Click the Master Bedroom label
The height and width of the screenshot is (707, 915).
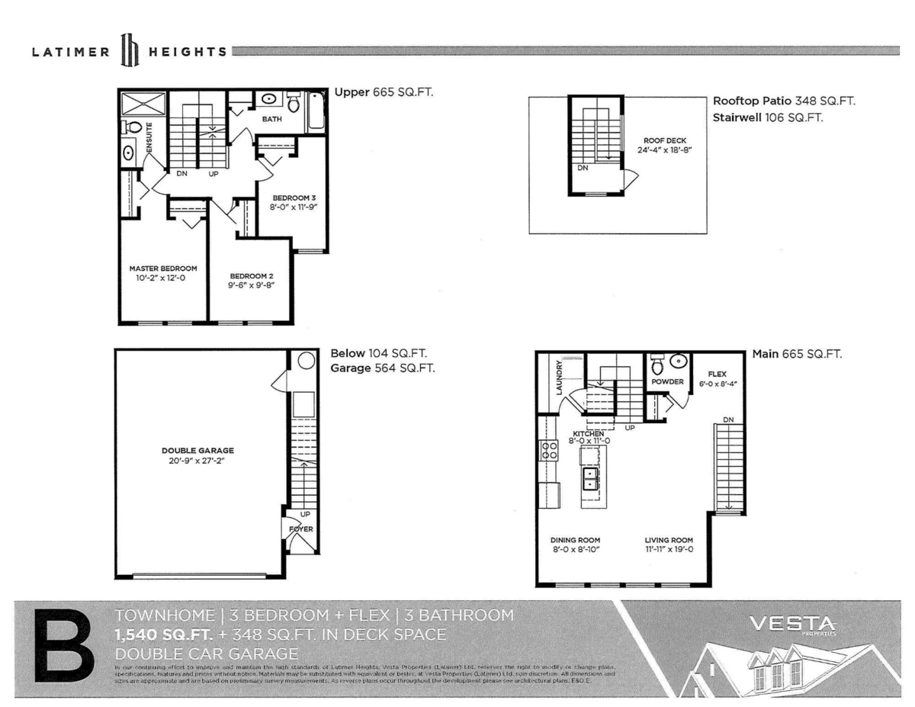(163, 268)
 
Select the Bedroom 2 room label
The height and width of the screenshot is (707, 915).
(251, 276)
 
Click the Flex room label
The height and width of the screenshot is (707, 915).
(717, 374)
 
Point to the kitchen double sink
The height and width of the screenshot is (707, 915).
(591, 478)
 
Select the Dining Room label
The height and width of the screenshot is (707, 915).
(575, 539)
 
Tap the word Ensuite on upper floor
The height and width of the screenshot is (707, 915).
(149, 137)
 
